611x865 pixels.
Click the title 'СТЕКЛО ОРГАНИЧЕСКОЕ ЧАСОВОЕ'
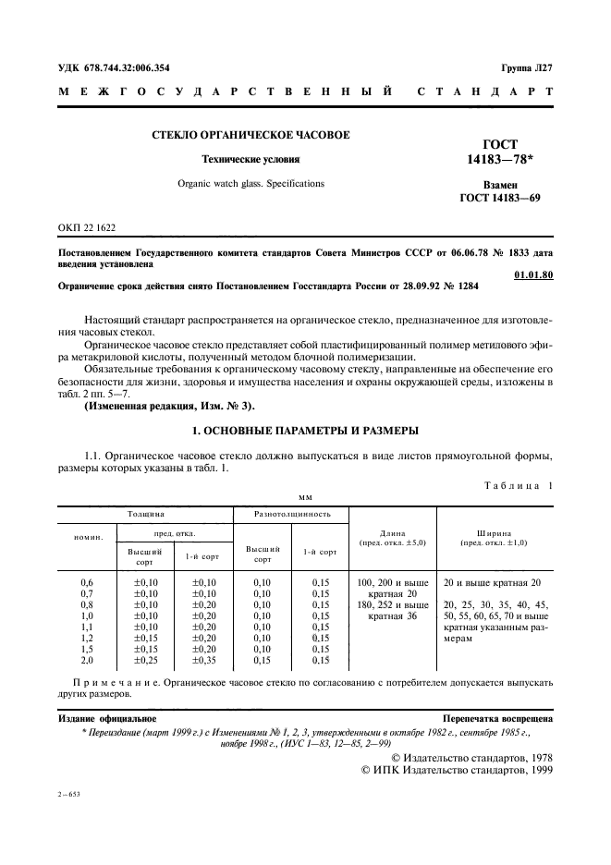pos(251,135)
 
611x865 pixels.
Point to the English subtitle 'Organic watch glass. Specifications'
pos(251,183)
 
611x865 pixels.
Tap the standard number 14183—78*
pos(500,160)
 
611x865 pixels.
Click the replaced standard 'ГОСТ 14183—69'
pos(500,199)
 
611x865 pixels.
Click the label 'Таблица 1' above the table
pos(517,485)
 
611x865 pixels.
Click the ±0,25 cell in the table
pos(146,660)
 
